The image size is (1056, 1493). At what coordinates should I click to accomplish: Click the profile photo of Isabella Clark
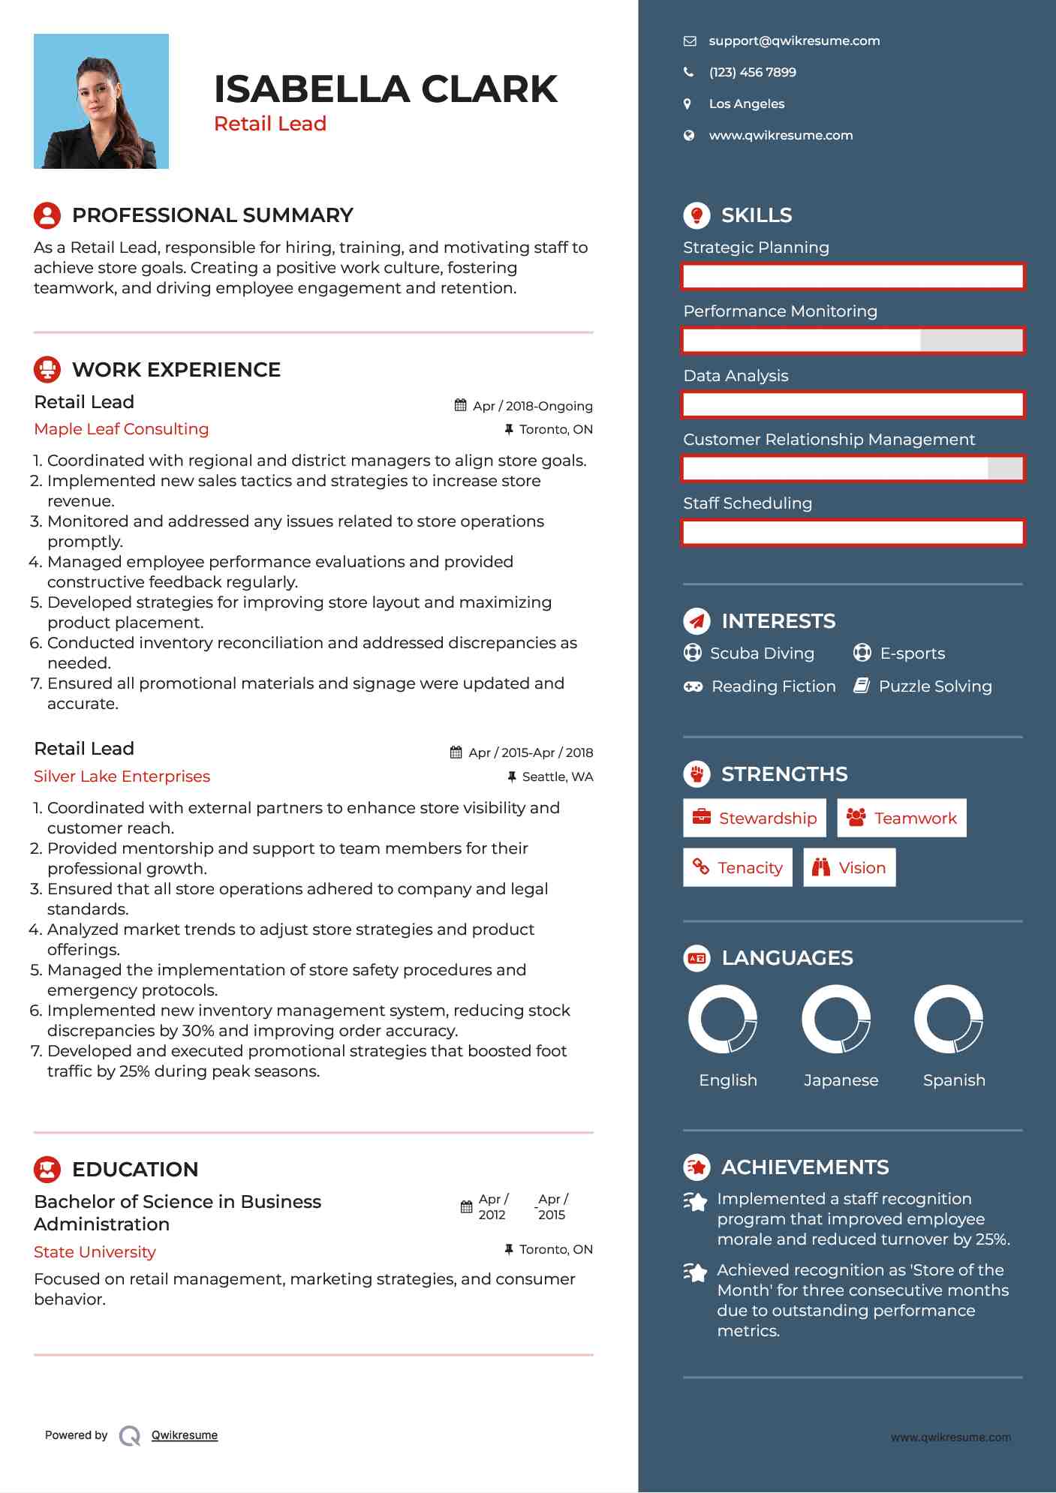[x=101, y=101]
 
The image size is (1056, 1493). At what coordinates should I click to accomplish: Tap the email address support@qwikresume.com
[x=794, y=41]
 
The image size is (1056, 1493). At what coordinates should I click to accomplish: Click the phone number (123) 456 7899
[x=752, y=73]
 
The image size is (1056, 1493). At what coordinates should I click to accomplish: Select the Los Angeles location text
[x=746, y=104]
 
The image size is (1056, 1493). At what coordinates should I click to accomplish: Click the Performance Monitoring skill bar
[x=853, y=341]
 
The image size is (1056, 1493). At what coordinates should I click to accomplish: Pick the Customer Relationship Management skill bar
[x=853, y=469]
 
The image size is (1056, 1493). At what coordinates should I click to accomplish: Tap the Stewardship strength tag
[x=754, y=819]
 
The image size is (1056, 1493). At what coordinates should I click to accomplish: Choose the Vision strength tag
[x=849, y=868]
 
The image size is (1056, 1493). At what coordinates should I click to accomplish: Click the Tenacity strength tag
[x=737, y=868]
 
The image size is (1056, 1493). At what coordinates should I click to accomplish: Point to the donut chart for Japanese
[x=836, y=1020]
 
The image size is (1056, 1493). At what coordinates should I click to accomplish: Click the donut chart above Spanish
[x=949, y=1020]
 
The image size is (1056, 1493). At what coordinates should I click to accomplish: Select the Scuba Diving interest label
[x=762, y=653]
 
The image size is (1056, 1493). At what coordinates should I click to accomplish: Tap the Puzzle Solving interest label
[x=934, y=686]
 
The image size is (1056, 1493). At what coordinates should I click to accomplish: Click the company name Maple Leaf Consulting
[x=122, y=429]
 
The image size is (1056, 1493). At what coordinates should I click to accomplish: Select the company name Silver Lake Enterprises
[x=122, y=777]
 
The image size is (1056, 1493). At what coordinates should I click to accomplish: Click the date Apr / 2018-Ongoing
[x=532, y=406]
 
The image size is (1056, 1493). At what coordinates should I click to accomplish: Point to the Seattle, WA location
[x=557, y=777]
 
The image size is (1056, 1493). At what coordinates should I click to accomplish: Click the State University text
[x=95, y=1252]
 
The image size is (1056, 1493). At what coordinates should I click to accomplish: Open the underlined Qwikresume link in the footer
[x=185, y=1435]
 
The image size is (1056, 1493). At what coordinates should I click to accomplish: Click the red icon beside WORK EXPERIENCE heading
[x=47, y=369]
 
